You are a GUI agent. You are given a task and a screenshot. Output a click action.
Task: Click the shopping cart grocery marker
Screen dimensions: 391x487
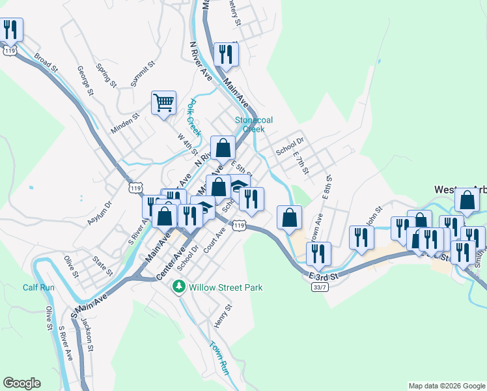click(x=163, y=102)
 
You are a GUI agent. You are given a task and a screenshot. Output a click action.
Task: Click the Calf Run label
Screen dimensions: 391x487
click(x=38, y=287)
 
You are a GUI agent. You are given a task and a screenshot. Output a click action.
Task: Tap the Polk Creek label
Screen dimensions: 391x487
click(x=191, y=113)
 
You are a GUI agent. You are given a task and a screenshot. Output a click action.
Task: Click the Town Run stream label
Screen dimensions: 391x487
click(x=219, y=357)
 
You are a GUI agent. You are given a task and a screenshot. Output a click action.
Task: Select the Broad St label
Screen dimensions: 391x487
click(x=46, y=63)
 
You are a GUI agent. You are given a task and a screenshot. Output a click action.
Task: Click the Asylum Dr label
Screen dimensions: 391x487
click(x=100, y=213)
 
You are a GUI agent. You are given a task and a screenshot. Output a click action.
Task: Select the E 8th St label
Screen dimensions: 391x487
click(x=327, y=190)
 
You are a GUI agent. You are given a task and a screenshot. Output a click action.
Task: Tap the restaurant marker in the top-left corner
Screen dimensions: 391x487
click(x=11, y=29)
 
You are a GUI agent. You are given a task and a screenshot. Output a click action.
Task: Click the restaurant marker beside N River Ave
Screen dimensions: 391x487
click(x=226, y=54)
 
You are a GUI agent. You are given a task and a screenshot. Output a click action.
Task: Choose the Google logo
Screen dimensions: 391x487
click(x=21, y=383)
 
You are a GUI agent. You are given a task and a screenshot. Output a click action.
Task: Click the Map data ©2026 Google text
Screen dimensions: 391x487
click(x=447, y=386)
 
